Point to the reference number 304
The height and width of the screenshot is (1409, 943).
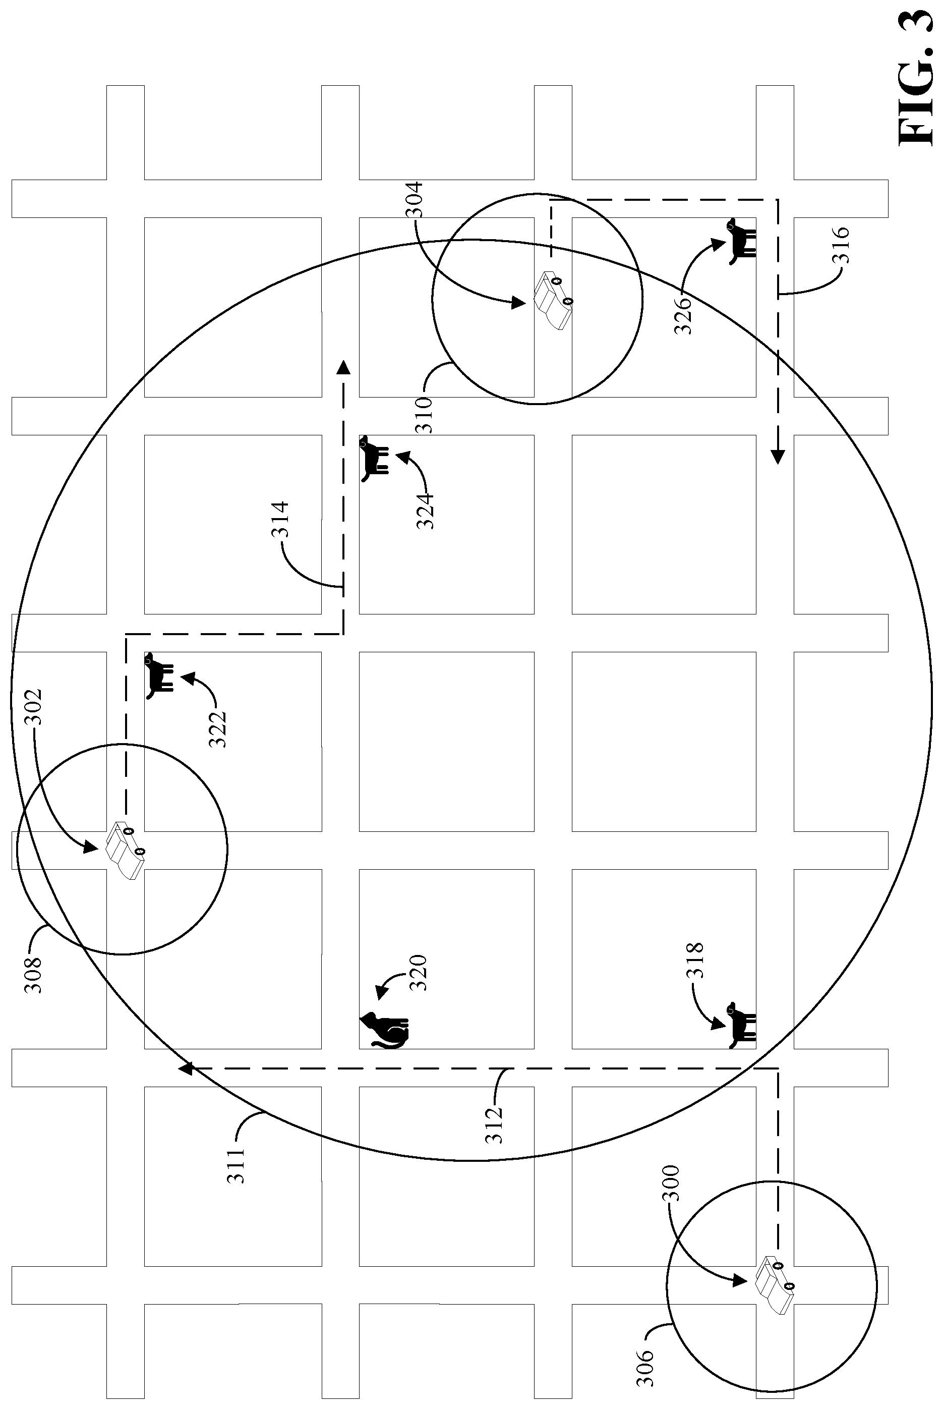(x=415, y=201)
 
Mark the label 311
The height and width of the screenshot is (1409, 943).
(x=237, y=1166)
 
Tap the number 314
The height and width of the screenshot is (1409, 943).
(x=281, y=519)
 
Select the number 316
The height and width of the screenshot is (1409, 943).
(x=840, y=245)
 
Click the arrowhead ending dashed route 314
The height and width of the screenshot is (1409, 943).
(x=343, y=367)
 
